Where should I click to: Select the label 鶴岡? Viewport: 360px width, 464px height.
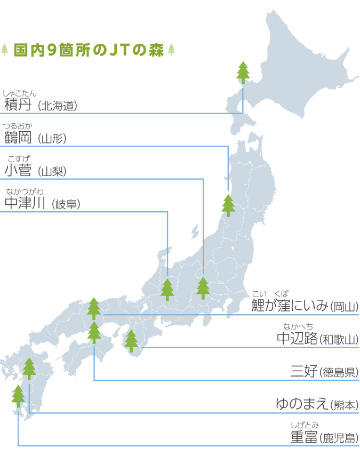[18, 138]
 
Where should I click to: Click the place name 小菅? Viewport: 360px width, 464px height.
[18, 170]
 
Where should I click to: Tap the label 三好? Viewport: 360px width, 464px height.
[304, 371]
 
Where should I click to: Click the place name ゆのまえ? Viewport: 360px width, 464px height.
[301, 404]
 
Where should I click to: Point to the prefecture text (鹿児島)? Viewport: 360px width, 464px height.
[339, 438]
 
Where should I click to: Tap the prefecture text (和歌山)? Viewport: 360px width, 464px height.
[339, 339]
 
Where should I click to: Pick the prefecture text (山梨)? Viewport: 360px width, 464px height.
[52, 171]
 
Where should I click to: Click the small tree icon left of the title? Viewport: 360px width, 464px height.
[5, 50]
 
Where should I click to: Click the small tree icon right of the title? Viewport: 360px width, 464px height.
[171, 50]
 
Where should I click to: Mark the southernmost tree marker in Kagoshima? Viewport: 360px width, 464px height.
[18, 396]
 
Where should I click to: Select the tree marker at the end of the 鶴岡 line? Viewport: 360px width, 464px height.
[228, 205]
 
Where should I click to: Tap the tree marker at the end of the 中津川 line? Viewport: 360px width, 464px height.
[167, 289]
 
